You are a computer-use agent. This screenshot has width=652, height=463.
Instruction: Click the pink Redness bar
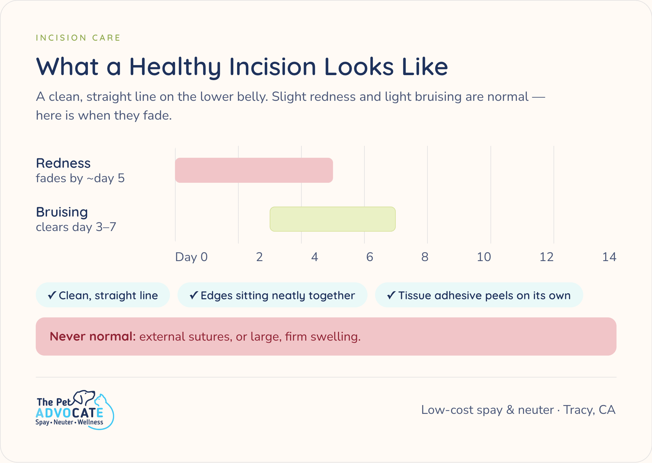[254, 170]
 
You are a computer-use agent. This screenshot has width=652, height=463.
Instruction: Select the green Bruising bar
[333, 219]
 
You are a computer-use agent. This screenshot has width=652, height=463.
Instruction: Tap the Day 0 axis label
[191, 257]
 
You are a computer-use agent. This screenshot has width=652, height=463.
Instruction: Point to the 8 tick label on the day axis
[425, 257]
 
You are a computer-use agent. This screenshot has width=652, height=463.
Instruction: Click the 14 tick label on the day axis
[609, 257]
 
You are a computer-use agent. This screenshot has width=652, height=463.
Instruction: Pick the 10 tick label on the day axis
[484, 257]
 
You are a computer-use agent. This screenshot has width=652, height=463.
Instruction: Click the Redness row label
[63, 163]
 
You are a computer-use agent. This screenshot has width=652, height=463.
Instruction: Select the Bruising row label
[62, 213]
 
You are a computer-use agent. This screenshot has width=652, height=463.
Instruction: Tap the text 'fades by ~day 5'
[80, 178]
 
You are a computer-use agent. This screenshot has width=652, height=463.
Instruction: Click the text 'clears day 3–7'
[76, 227]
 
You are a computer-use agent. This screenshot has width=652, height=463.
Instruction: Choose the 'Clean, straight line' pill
[103, 295]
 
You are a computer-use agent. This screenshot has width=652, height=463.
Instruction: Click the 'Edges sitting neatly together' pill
[272, 295]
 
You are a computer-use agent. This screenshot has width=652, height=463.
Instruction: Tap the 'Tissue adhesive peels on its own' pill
[479, 295]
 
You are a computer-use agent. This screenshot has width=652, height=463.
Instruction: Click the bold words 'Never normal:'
[93, 337]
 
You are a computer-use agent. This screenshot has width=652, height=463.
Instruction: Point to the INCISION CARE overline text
[78, 38]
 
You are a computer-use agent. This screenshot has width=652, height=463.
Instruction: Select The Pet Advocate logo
[75, 410]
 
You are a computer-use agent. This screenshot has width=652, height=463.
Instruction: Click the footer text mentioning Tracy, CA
[518, 410]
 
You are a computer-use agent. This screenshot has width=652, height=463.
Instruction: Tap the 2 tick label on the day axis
[259, 257]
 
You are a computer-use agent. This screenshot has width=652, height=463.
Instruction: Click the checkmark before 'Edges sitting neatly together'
[194, 295]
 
